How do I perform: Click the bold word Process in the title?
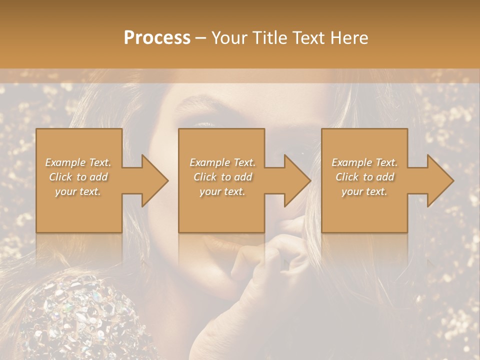157,38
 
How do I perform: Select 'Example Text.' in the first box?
78,162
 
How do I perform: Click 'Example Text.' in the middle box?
222,162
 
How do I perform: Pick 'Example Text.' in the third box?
364,162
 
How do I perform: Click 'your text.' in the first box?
78,191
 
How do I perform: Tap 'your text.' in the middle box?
222,191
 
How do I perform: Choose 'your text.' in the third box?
364,191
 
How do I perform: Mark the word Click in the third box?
347,177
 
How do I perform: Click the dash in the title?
200,38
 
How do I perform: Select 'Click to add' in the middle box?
222,177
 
